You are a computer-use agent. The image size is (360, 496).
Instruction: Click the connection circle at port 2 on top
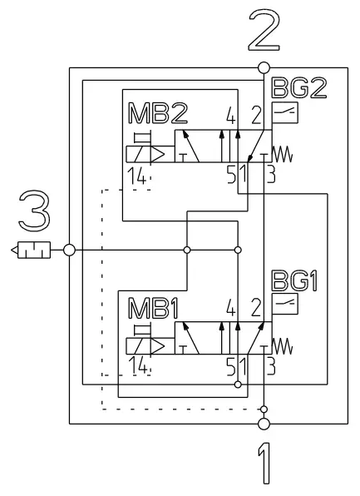point(264,67)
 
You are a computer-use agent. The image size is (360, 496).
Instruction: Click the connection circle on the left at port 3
point(70,249)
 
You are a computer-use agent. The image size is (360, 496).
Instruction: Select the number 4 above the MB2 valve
point(230,115)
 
